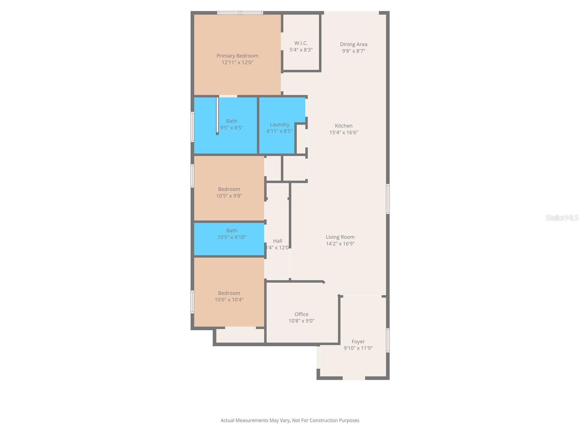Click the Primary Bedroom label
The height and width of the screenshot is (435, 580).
(x=237, y=56)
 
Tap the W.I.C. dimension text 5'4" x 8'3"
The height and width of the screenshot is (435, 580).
(x=301, y=50)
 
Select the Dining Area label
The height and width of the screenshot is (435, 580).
(x=353, y=44)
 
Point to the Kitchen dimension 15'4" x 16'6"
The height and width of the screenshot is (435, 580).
(x=344, y=133)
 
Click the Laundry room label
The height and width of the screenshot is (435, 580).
(x=279, y=124)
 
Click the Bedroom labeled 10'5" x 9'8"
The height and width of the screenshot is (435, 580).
(x=229, y=192)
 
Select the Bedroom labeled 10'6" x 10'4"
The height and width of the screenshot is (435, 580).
(x=229, y=296)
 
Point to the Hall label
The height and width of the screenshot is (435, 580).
(x=278, y=241)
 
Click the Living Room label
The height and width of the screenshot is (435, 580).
(x=340, y=237)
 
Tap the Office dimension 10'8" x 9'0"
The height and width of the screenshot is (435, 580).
(x=301, y=321)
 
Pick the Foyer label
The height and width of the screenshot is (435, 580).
(x=358, y=341)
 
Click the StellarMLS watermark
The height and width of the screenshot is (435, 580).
(x=562, y=218)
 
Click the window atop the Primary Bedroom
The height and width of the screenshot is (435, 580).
(x=240, y=13)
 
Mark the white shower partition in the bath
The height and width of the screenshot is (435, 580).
(x=217, y=115)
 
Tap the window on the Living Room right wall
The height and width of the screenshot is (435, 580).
(x=388, y=199)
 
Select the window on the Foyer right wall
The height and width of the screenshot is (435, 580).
(x=388, y=340)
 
